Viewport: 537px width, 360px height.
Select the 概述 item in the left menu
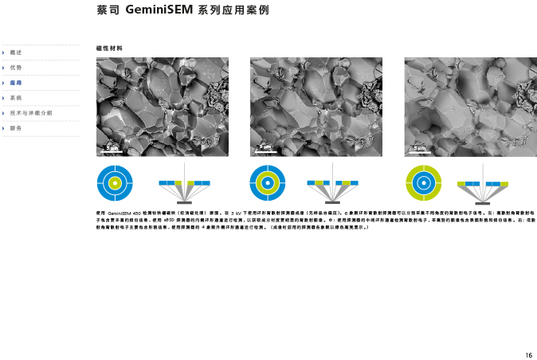[17, 52]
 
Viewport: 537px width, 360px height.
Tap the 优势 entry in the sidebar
[17, 67]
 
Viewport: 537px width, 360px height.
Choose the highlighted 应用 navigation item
[17, 82]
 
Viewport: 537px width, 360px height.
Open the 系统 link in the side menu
[17, 97]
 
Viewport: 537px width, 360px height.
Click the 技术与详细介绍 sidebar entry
[31, 112]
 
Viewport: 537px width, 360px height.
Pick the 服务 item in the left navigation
[17, 127]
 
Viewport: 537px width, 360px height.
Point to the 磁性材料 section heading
[108, 48]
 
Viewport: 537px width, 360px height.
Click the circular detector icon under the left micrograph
[115, 183]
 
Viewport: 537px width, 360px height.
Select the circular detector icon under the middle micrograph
[268, 183]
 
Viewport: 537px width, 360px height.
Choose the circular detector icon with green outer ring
[423, 183]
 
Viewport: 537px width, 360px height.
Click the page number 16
[528, 354]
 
